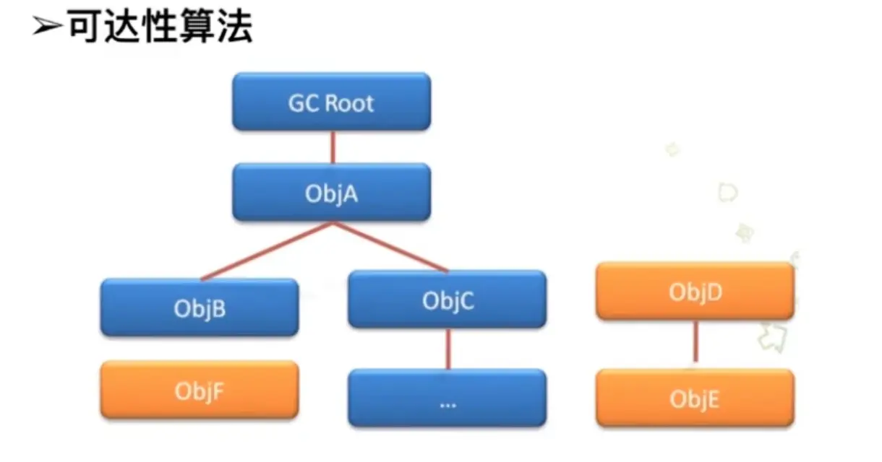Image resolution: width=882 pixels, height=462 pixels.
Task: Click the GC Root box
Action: [x=331, y=102]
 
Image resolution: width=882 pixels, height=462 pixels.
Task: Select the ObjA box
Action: [x=331, y=192]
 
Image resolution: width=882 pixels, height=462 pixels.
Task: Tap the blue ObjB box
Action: [x=199, y=308]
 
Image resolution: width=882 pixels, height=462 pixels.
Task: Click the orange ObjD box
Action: [x=695, y=291]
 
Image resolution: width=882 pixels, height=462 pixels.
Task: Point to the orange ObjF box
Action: [x=199, y=390]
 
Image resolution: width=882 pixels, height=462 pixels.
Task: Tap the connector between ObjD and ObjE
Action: [x=695, y=341]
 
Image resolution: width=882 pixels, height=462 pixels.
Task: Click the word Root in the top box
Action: [x=349, y=103]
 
